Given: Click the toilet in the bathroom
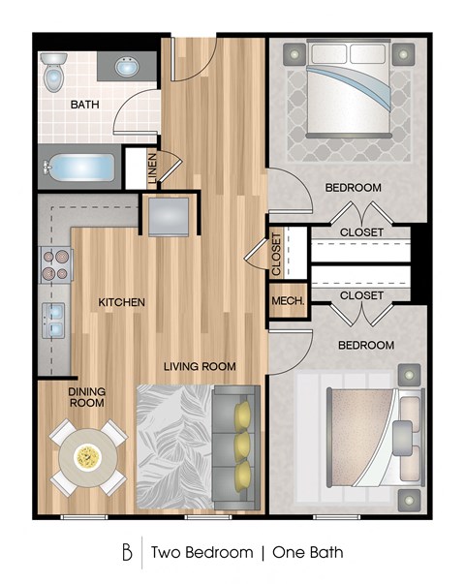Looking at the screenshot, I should pyautogui.click(x=55, y=74).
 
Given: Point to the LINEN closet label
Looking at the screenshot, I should pyautogui.click(x=152, y=169).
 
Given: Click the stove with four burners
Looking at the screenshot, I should pyautogui.click(x=54, y=264).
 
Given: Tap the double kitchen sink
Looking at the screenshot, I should pyautogui.click(x=53, y=317).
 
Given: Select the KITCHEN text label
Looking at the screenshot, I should pyautogui.click(x=121, y=303).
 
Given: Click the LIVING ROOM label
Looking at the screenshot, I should pyautogui.click(x=200, y=366).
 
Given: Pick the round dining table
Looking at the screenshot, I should pyautogui.click(x=88, y=456).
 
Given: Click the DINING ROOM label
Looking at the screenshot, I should pyautogui.click(x=86, y=397).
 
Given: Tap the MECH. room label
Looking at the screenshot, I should pyautogui.click(x=289, y=301).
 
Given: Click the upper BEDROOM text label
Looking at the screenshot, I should pyautogui.click(x=352, y=187).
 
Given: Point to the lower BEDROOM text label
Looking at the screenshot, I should pyautogui.click(x=365, y=345).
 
